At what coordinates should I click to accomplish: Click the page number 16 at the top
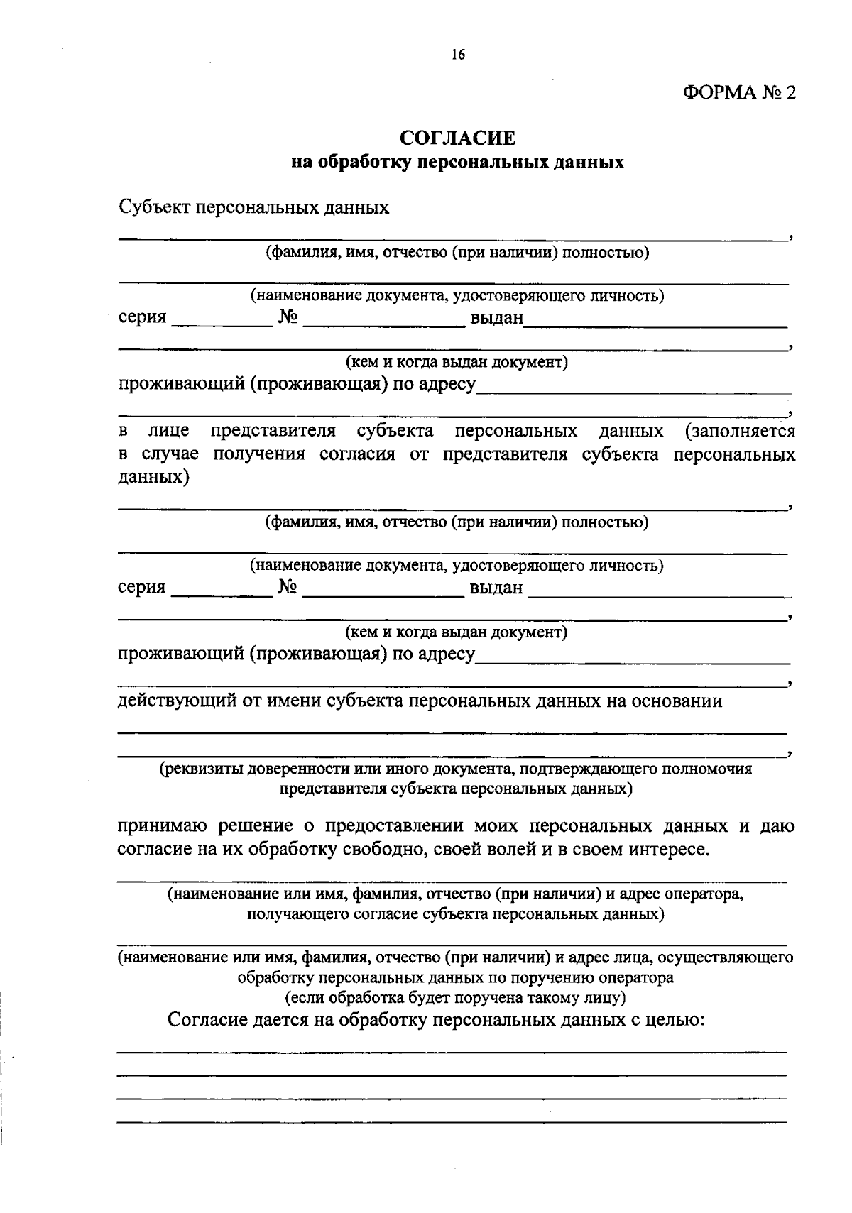457,55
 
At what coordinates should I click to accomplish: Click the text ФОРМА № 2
739,93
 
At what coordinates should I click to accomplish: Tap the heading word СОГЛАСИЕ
457,138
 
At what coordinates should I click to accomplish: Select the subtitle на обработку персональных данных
457,163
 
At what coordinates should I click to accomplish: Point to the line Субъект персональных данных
253,207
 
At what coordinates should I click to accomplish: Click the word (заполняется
740,431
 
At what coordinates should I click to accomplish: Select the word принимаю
162,826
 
